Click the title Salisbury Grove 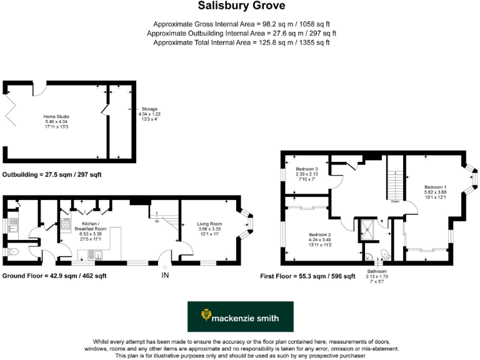[x=241, y=6]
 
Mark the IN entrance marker [x=165, y=275]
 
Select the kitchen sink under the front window [x=94, y=255]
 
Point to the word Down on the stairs [x=395, y=202]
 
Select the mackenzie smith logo [x=241, y=316]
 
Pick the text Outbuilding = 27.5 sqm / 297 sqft [x=51, y=175]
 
